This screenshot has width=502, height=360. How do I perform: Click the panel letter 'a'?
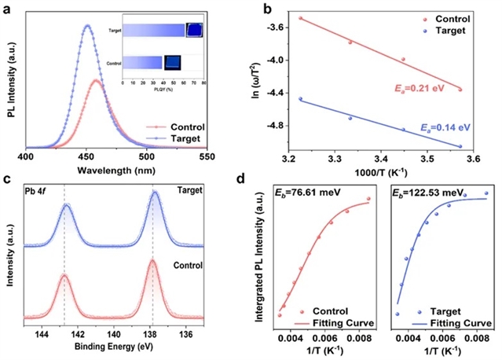(7, 9)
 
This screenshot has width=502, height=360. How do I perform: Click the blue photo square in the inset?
(194, 30)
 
